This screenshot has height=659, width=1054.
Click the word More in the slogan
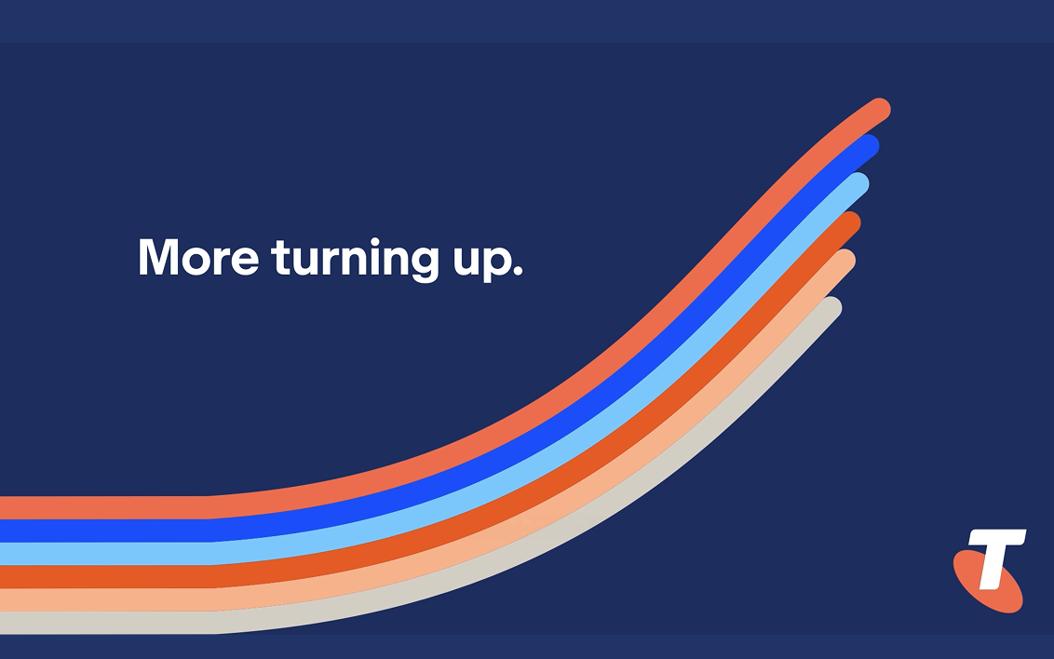(x=198, y=256)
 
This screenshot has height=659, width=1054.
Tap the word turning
(x=356, y=259)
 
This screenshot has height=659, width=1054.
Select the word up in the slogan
(x=481, y=262)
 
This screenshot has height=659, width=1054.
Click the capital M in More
(x=158, y=256)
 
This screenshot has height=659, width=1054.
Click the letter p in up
(x=497, y=262)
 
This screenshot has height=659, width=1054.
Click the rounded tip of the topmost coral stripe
(x=880, y=109)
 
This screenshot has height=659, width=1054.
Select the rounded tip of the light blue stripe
(x=858, y=183)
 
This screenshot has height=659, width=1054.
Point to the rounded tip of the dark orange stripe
(x=850, y=222)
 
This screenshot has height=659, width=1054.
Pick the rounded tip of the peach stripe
(x=845, y=261)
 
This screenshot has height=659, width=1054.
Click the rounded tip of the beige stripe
(x=831, y=308)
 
